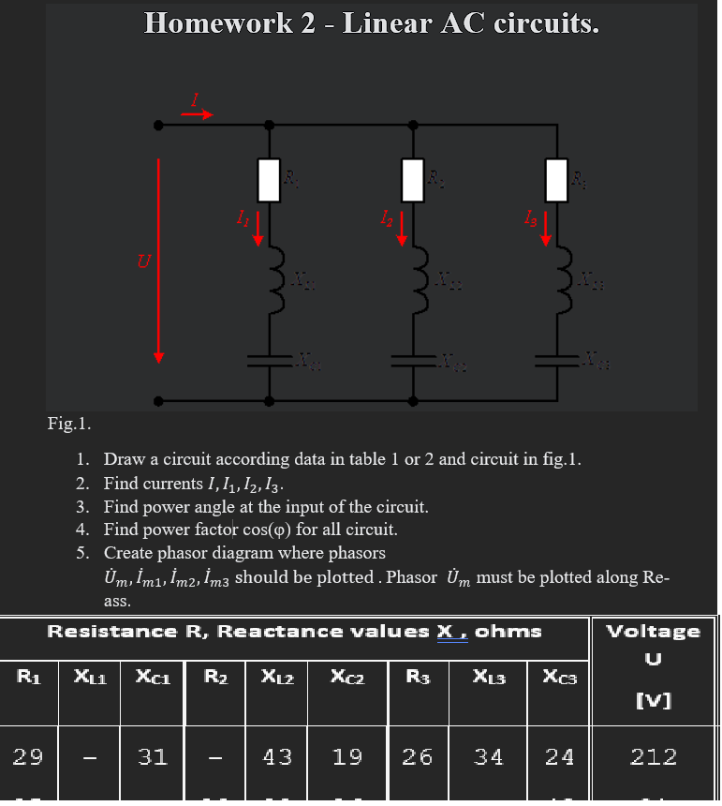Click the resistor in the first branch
tap(270, 180)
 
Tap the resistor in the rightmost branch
tap(558, 180)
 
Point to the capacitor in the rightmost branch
tap(558, 359)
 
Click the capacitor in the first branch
tap(270, 359)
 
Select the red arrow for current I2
tap(402, 228)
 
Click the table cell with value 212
tap(653, 756)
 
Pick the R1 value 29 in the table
tap(27, 756)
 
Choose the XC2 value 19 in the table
tap(347, 756)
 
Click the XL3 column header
tap(489, 677)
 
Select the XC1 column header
tap(152, 677)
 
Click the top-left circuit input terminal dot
tap(159, 124)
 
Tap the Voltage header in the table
tap(653, 631)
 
